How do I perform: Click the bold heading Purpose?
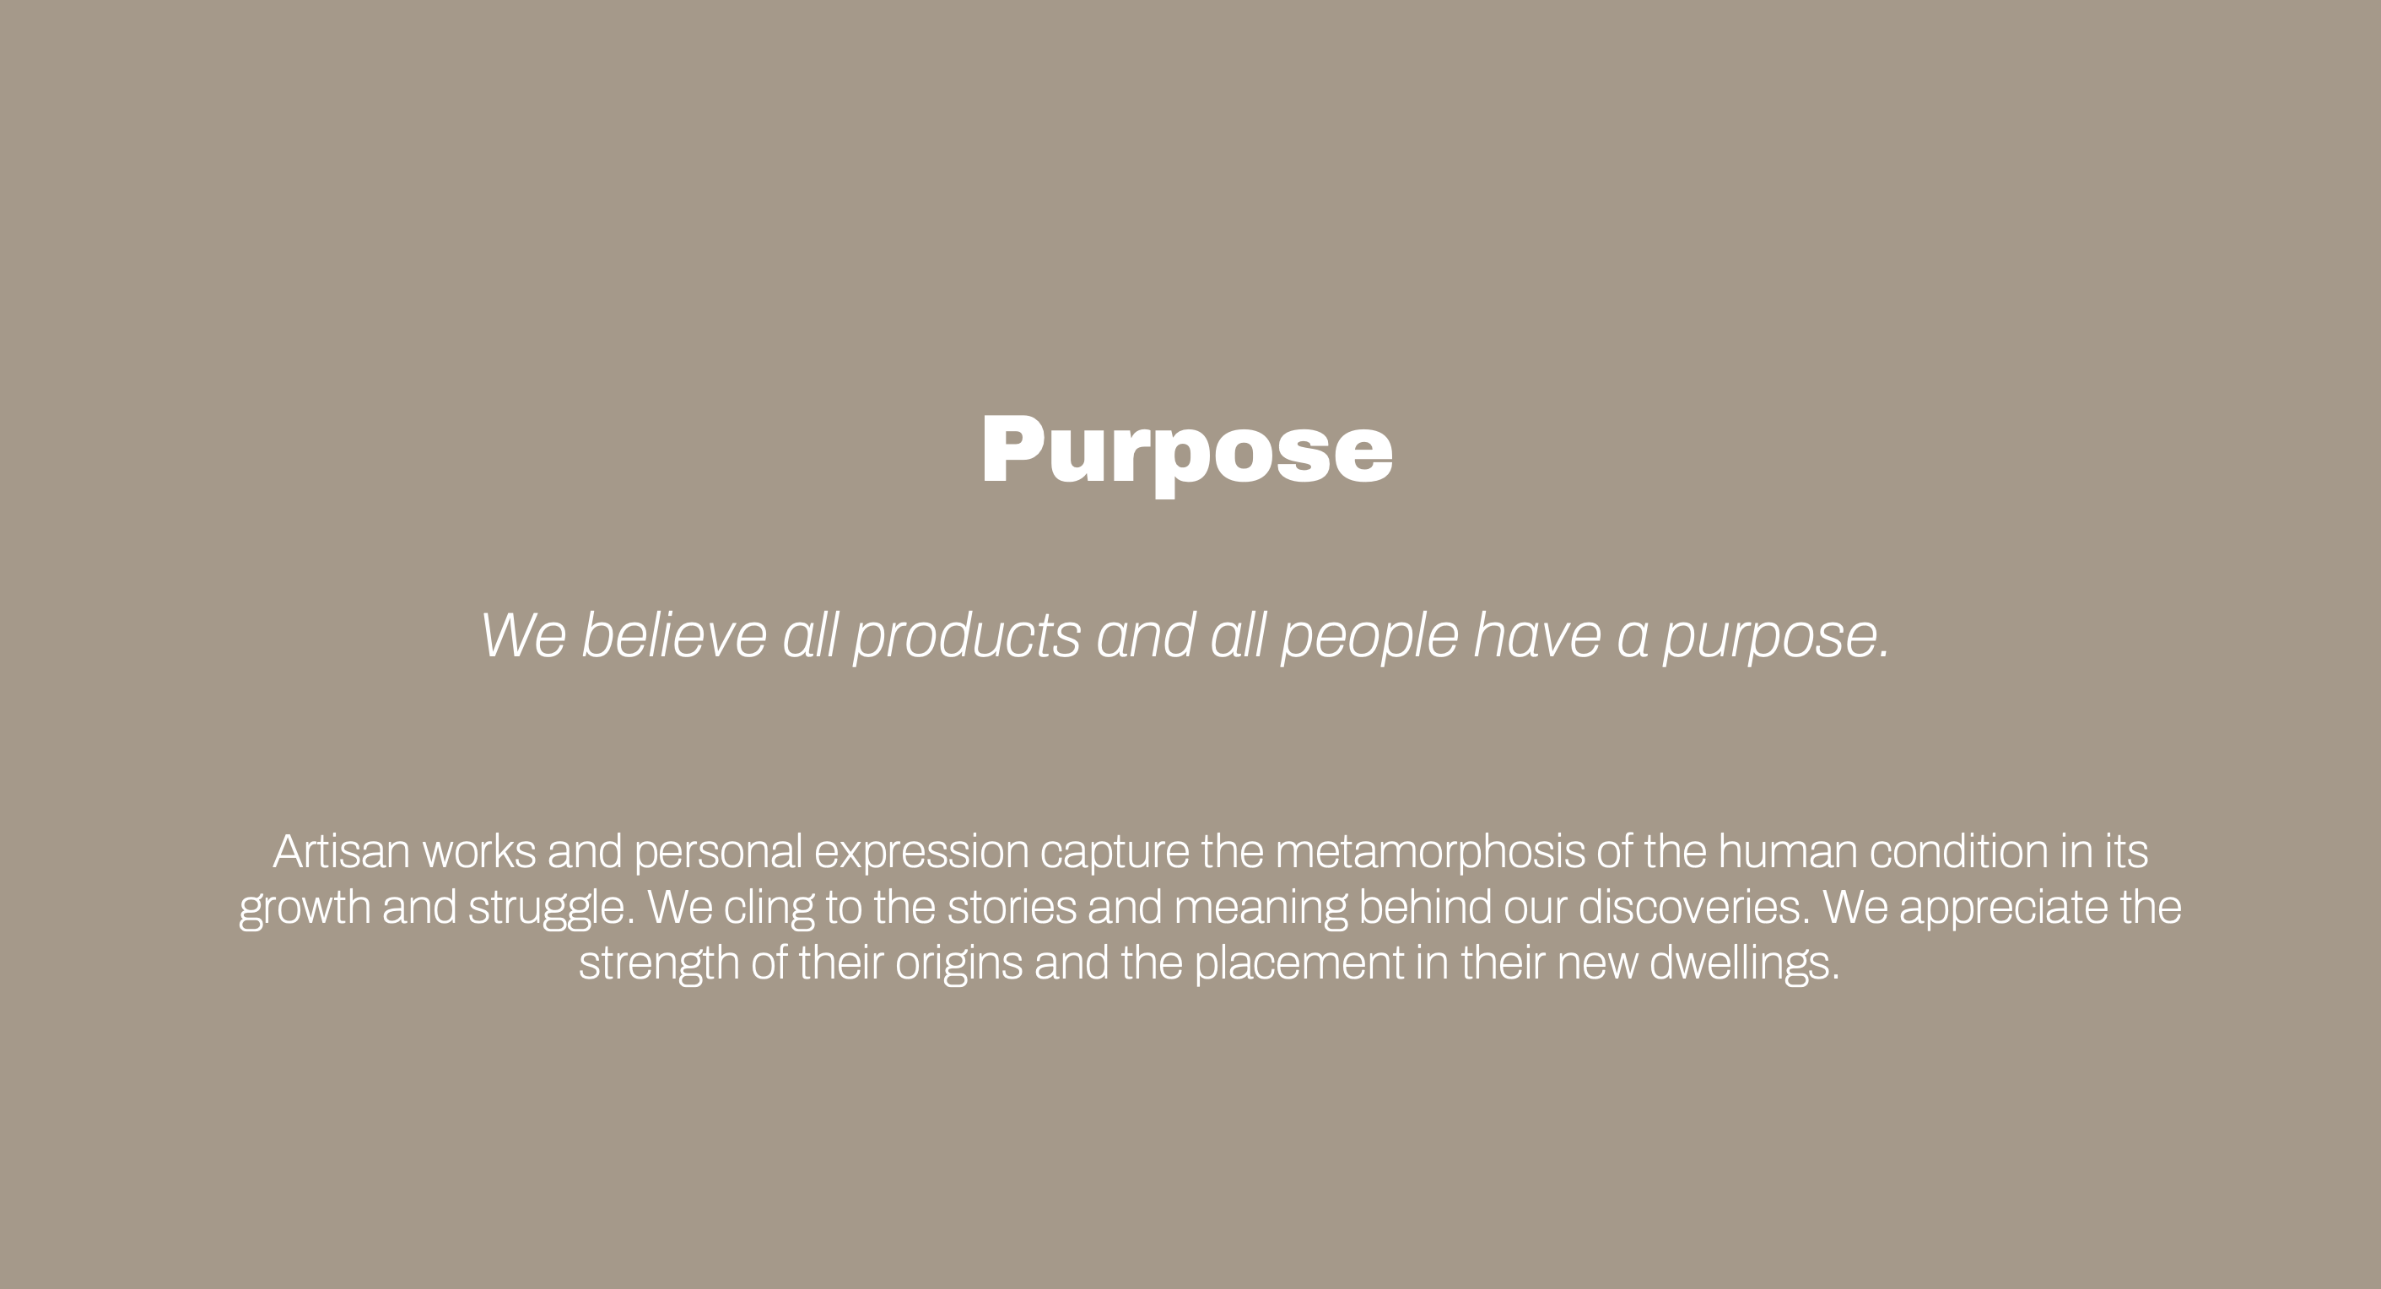(1187, 453)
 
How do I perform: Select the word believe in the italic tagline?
(674, 636)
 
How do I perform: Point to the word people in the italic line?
(1370, 638)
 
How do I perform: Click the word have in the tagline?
(1536, 636)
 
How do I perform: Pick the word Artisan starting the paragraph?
(341, 852)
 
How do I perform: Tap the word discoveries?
(1694, 908)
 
